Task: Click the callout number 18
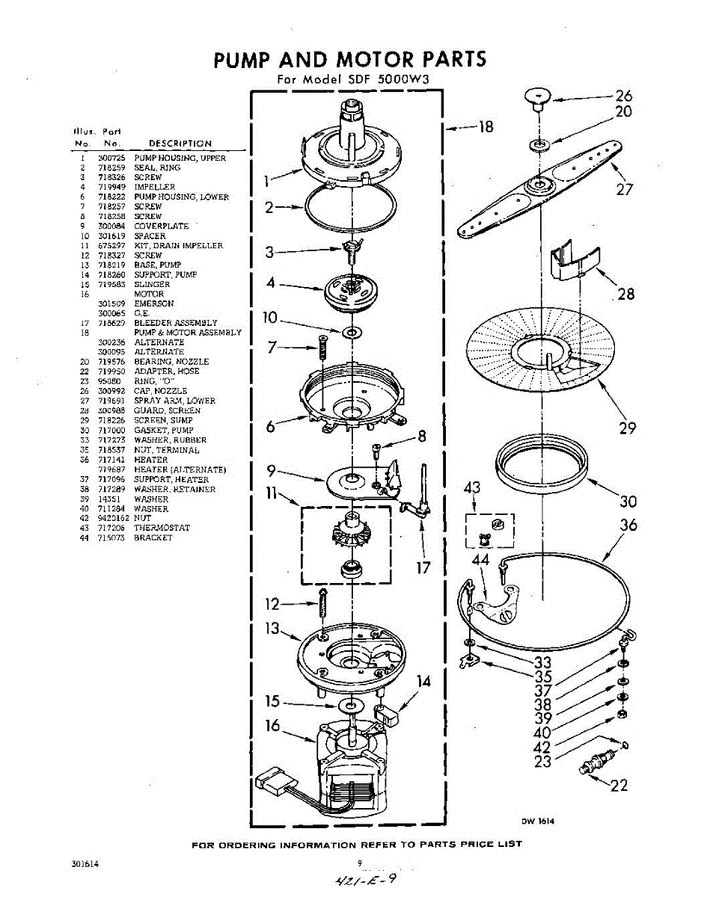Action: [486, 127]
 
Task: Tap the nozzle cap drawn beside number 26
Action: [538, 97]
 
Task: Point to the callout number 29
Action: [627, 428]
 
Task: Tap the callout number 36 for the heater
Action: [628, 525]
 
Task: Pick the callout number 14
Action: [424, 681]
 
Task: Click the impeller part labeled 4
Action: [347, 290]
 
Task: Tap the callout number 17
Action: [423, 567]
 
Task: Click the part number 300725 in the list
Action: [110, 158]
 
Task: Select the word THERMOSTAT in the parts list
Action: [162, 528]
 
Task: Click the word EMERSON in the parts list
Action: [153, 304]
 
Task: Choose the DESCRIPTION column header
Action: [180, 144]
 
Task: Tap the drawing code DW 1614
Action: [538, 822]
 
